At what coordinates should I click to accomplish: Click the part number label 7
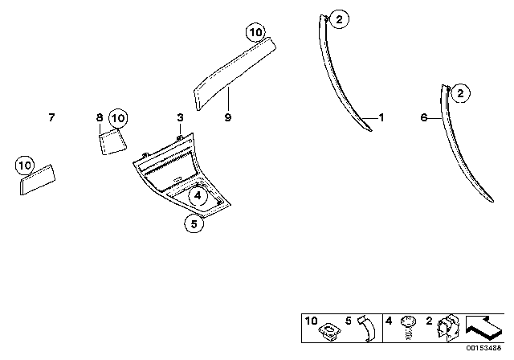51,117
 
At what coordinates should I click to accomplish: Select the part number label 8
100,117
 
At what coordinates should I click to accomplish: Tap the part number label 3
180,117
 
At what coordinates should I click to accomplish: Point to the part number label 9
228,117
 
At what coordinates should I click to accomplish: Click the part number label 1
381,117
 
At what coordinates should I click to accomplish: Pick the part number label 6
424,117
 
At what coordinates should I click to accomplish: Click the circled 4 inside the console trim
198,196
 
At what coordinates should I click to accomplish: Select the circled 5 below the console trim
194,224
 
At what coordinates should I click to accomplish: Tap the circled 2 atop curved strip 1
339,19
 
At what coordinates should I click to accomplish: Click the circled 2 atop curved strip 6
460,93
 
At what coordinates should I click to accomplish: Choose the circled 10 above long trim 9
255,32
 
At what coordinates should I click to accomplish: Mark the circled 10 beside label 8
118,118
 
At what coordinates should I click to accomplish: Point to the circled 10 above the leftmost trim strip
25,166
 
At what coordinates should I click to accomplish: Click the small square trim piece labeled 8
112,141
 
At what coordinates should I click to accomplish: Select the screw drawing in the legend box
408,328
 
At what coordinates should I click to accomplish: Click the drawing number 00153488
483,348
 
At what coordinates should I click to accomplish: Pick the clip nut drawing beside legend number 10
329,330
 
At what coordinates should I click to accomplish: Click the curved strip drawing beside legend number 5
368,329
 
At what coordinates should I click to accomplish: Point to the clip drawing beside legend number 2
448,326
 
